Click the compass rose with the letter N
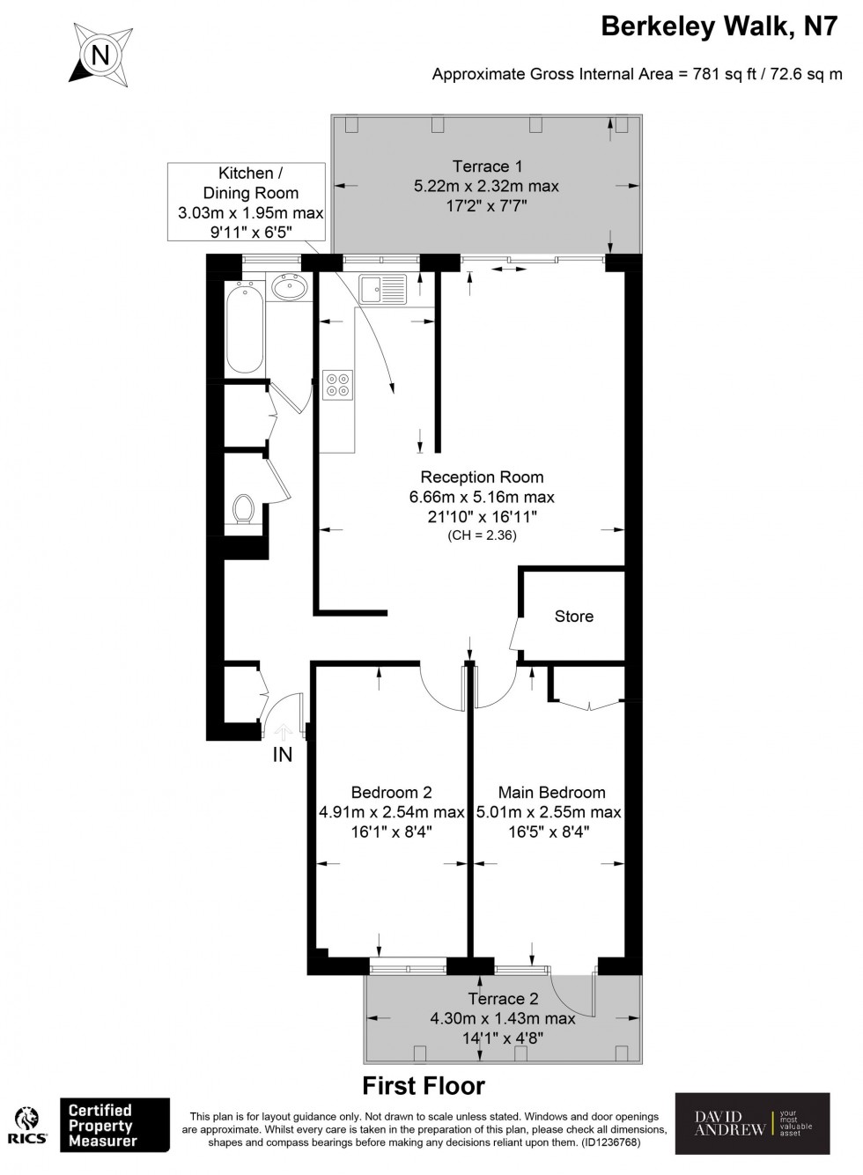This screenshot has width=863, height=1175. [100, 55]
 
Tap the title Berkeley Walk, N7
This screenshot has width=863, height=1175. [719, 26]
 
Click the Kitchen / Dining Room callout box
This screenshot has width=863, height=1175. [250, 203]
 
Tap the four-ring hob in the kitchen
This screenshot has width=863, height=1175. [338, 384]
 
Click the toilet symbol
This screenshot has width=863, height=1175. [243, 509]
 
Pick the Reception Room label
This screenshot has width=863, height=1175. [482, 477]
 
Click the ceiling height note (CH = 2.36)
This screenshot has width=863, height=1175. [482, 535]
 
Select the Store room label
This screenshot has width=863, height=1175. [573, 617]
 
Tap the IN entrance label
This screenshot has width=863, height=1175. [282, 755]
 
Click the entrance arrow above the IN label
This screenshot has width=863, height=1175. [283, 730]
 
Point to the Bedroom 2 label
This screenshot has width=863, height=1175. [391, 792]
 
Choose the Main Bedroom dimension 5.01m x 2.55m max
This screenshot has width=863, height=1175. [549, 812]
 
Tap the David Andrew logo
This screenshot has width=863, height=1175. [751, 1123]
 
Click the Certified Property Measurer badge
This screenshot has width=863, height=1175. [114, 1125]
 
